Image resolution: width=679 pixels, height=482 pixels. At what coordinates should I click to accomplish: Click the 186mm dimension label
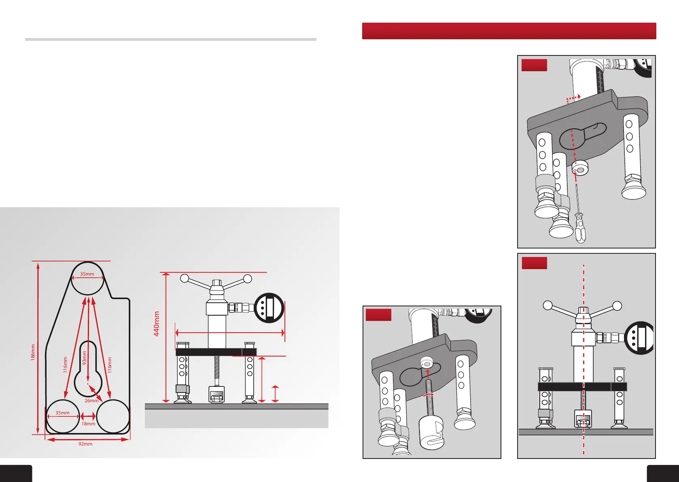pyautogui.click(x=33, y=352)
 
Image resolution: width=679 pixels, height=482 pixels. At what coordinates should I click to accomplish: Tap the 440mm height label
pyautogui.click(x=157, y=323)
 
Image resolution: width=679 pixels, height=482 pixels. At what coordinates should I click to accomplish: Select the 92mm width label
pyautogui.click(x=85, y=444)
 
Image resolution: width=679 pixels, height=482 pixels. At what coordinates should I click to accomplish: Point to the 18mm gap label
pyautogui.click(x=88, y=424)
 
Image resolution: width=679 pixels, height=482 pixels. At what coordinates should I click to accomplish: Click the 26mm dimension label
pyautogui.click(x=91, y=401)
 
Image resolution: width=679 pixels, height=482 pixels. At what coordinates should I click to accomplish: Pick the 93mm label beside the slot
pyautogui.click(x=85, y=357)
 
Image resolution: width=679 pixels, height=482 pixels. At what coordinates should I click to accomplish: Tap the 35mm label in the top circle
pyautogui.click(x=87, y=274)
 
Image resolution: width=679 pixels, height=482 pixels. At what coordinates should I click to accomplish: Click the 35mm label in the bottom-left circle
pyautogui.click(x=62, y=413)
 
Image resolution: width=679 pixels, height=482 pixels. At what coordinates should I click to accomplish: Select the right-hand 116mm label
pyautogui.click(x=110, y=365)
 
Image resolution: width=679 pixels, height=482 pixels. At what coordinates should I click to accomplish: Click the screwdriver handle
pyautogui.click(x=580, y=229)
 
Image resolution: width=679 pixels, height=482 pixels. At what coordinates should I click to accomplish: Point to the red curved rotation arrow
pyautogui.click(x=428, y=394)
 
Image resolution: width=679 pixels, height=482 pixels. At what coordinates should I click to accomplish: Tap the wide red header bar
pyautogui.click(x=509, y=31)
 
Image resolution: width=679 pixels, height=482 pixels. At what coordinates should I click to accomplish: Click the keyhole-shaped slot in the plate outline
pyautogui.click(x=88, y=370)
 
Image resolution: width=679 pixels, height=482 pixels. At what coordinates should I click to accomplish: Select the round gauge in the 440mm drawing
pyautogui.click(x=269, y=308)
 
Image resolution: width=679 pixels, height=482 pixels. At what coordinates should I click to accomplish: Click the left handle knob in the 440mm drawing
pyautogui.click(x=185, y=278)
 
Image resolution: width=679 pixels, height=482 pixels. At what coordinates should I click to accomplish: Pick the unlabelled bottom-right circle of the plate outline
pyautogui.click(x=113, y=416)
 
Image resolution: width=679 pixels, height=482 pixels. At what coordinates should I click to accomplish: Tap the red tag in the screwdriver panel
pyautogui.click(x=534, y=65)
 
